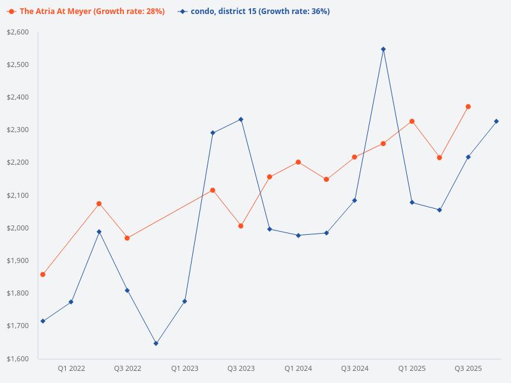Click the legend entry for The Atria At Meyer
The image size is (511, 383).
click(x=89, y=11)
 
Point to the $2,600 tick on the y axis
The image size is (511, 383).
click(x=19, y=33)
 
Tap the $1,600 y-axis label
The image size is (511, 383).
click(x=19, y=359)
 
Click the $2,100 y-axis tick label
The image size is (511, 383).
click(x=19, y=195)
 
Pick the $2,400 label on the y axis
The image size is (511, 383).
click(x=19, y=98)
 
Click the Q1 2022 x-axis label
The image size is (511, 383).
click(x=72, y=368)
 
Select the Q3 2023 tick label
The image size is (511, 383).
click(x=241, y=368)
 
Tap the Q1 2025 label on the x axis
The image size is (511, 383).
click(x=412, y=368)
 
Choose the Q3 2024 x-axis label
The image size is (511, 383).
click(x=355, y=368)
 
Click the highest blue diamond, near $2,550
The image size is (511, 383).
click(x=383, y=49)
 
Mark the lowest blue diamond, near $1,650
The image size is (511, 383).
click(x=156, y=343)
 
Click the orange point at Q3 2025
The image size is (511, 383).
click(x=468, y=107)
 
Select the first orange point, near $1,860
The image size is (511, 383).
click(x=43, y=274)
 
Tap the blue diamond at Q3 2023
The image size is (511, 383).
click(x=241, y=119)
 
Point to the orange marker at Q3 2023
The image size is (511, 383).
click(x=241, y=226)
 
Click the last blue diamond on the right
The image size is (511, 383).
click(x=496, y=121)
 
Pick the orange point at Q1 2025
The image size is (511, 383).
click(x=412, y=121)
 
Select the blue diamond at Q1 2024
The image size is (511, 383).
click(x=298, y=236)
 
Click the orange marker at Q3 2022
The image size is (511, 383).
click(x=127, y=238)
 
